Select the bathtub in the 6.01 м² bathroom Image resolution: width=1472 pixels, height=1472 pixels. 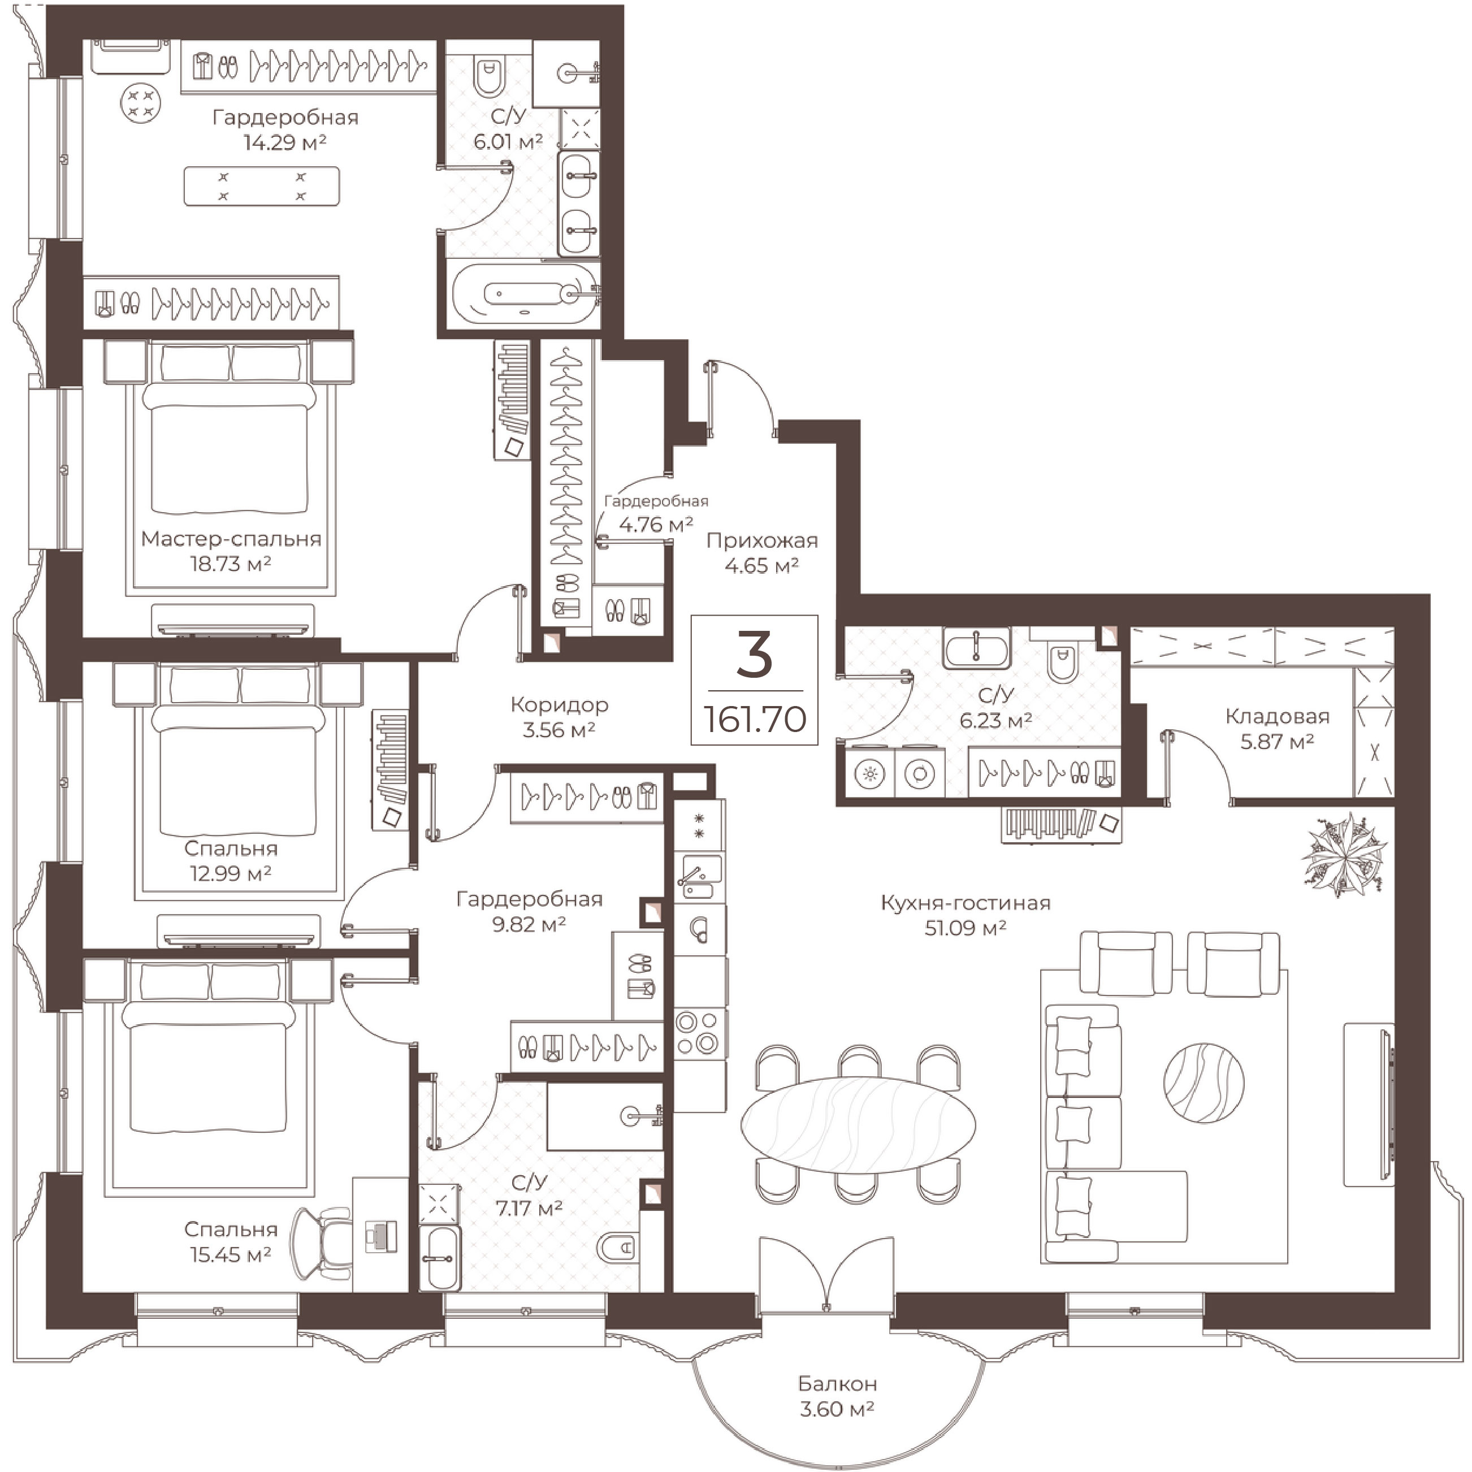pyautogui.click(x=525, y=293)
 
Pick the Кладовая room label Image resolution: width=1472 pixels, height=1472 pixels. pyautogui.click(x=1277, y=716)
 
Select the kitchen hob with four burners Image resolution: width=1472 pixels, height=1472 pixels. pyautogui.click(x=699, y=1033)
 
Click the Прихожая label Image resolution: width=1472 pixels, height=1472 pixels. pyautogui.click(x=762, y=540)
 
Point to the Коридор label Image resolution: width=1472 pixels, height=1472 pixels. pyautogui.click(x=559, y=705)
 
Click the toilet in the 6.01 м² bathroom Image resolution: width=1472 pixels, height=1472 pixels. pyautogui.click(x=489, y=77)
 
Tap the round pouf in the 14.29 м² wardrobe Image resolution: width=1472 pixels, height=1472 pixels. pyautogui.click(x=141, y=103)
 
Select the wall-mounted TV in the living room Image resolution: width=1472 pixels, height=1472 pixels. pyautogui.click(x=1389, y=1104)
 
